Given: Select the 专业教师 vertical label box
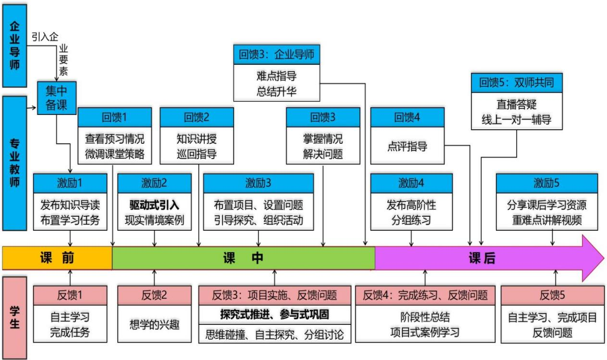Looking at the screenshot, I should [14, 163].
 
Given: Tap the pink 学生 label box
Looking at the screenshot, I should [14, 317].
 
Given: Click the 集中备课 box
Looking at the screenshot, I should [57, 98].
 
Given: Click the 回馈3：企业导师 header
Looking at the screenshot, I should [276, 54].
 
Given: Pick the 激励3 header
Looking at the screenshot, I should [259, 183].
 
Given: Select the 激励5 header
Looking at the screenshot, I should [547, 183].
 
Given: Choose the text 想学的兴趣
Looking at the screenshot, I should [154, 323].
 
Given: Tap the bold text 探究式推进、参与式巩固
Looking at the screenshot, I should [274, 315].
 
